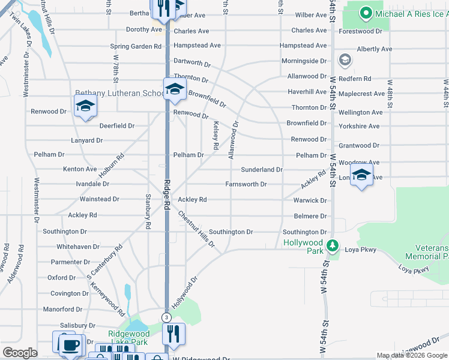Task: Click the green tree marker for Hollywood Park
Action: click(332, 246)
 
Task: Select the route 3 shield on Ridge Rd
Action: click(166, 317)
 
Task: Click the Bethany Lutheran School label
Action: click(119, 94)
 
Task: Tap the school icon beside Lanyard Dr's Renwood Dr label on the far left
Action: click(85, 107)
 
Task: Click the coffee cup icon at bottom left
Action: click(71, 345)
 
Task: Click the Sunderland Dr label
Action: click(262, 170)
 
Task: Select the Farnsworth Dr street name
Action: click(246, 184)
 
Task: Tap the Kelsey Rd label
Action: click(215, 136)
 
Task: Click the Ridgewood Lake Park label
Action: click(128, 338)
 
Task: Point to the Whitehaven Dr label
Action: click(77, 247)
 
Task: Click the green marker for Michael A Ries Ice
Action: click(365, 13)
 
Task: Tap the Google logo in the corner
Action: click(20, 353)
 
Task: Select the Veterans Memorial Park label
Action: click(432, 252)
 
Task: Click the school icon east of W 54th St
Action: click(361, 176)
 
